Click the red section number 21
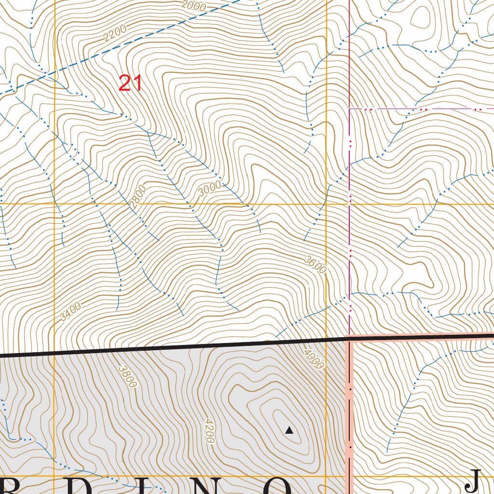point(131,83)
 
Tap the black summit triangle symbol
point(289,430)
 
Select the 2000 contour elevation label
point(194,6)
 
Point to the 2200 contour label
point(115,33)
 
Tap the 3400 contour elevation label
point(70,311)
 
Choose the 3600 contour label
point(316,265)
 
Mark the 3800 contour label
point(128,376)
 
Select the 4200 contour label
point(209,430)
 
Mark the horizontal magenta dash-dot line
point(420,110)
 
